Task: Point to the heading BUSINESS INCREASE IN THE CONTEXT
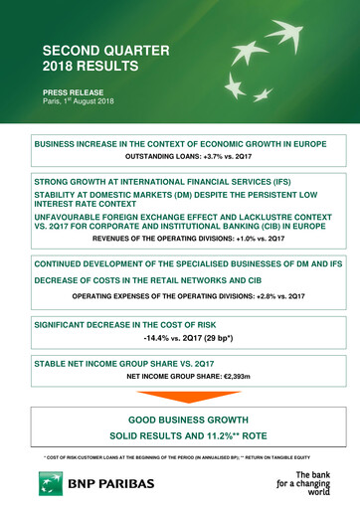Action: [179, 144]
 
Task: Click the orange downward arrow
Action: [179, 397]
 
